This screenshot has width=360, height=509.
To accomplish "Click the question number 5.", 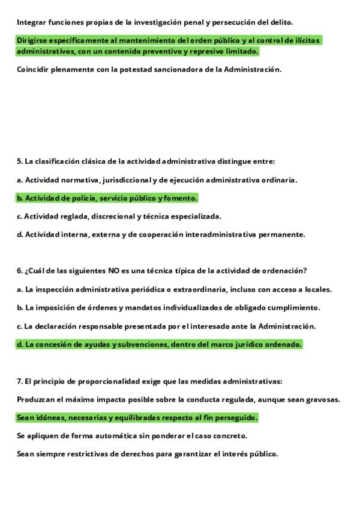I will click(19, 161).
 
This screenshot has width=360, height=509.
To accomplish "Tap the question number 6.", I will click(19, 271).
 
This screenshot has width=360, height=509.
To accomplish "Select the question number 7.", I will click(19, 381).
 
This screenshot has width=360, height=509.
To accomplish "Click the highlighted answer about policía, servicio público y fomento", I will click(107, 198).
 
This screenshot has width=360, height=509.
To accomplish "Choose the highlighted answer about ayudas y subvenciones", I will click(159, 345).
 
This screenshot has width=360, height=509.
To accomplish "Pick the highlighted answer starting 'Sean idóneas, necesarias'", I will click(137, 417).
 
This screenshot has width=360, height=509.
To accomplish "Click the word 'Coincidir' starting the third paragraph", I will click(33, 69).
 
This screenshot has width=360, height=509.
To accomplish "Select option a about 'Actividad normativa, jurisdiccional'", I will click(157, 179).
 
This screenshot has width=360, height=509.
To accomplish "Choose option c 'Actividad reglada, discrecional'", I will click(119, 216).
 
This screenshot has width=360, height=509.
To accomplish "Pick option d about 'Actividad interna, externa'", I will click(161, 234).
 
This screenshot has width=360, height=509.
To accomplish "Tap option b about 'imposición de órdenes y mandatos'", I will click(169, 308).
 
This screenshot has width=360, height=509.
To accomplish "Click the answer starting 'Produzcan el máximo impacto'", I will click(179, 399).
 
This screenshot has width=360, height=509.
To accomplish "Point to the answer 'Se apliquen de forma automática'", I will click(132, 436).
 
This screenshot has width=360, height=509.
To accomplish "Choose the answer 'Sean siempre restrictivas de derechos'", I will click(148, 454).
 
